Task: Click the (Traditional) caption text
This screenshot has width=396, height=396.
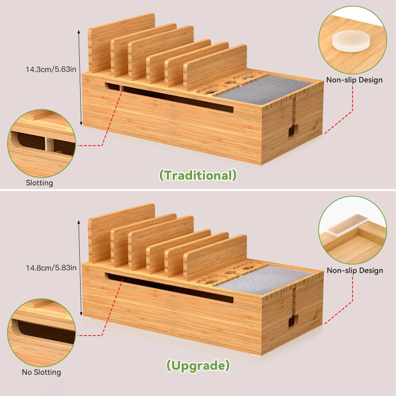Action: click(x=198, y=175)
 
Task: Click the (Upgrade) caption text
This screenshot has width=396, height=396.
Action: click(x=198, y=366)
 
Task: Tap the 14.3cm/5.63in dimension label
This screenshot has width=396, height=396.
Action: click(x=51, y=69)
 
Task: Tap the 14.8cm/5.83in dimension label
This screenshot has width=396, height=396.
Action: click(x=51, y=268)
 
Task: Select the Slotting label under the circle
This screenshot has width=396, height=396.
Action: click(x=40, y=183)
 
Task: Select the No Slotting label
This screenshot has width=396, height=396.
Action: click(x=42, y=372)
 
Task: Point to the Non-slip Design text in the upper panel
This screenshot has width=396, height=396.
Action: click(x=354, y=80)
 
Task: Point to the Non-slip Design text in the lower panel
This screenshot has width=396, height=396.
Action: click(x=354, y=271)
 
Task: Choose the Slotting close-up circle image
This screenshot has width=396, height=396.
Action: click(x=41, y=144)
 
